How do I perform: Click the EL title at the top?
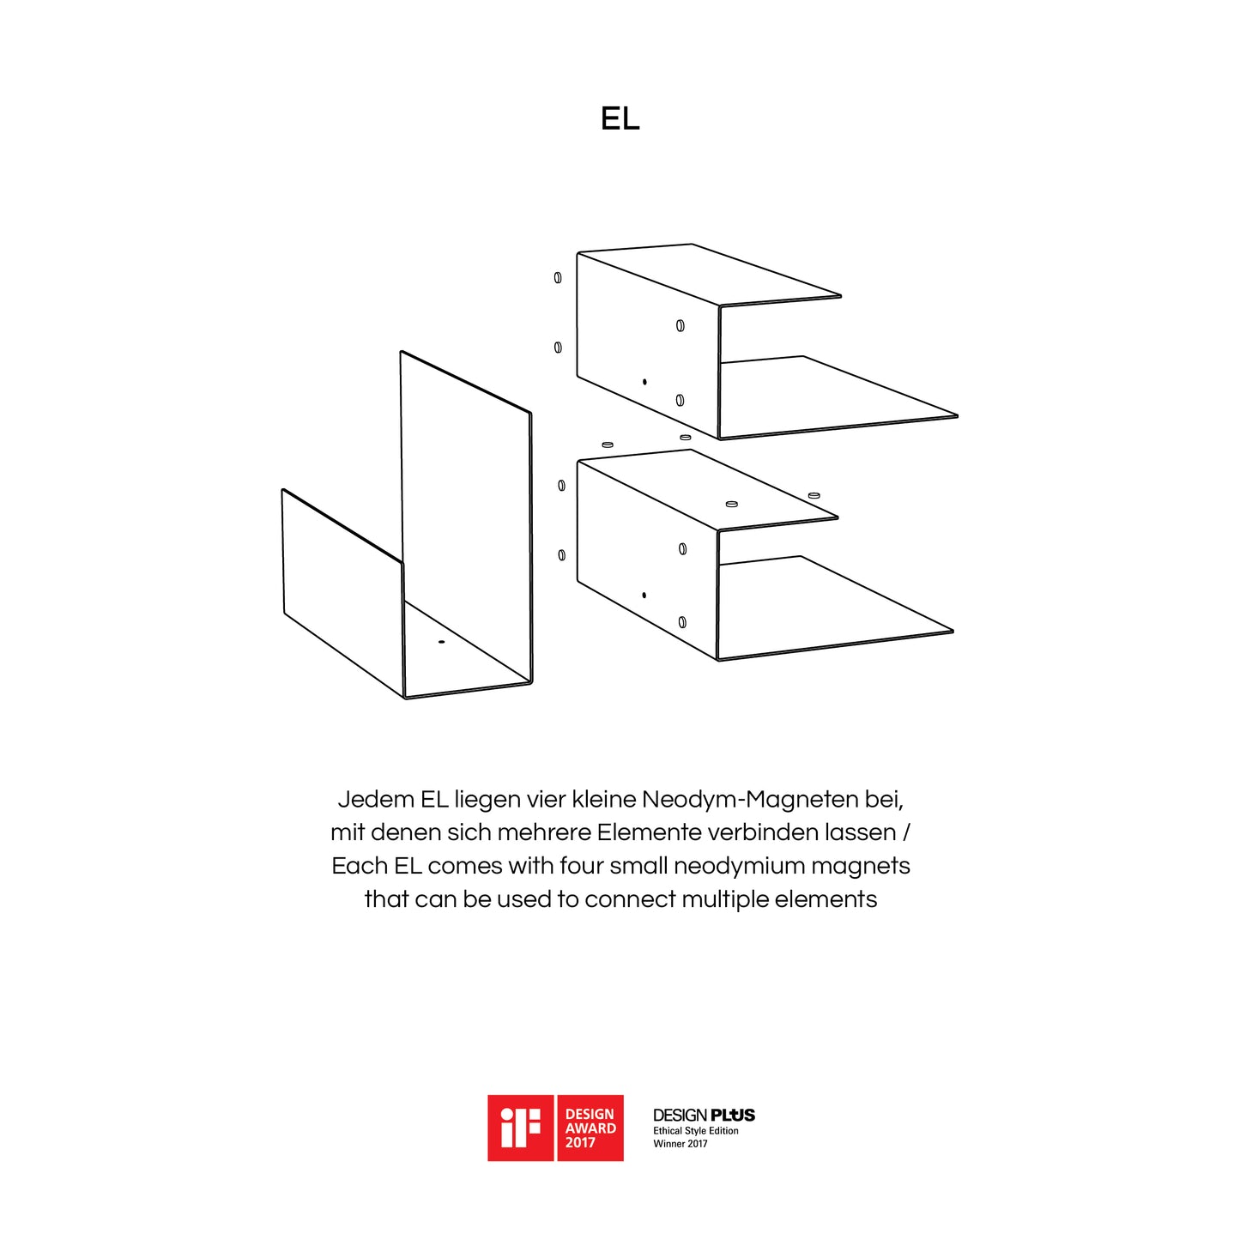[620, 118]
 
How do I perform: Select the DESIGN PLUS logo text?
[704, 1116]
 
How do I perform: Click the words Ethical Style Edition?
[696, 1131]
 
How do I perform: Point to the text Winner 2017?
[680, 1144]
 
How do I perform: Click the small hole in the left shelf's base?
[441, 642]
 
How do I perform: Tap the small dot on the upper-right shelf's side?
[644, 382]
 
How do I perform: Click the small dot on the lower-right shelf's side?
[644, 596]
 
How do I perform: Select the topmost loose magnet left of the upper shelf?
[558, 277]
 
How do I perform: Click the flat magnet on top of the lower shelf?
[732, 503]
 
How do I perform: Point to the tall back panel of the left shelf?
[467, 515]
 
